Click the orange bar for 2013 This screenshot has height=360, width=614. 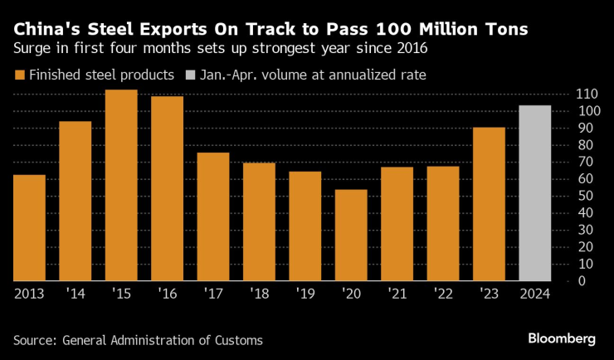29,227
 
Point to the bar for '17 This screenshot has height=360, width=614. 212,216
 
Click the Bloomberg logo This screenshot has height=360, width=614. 562,338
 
